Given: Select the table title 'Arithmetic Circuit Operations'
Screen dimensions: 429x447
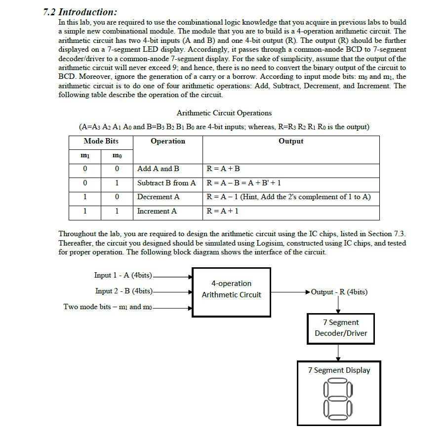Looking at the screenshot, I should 224,113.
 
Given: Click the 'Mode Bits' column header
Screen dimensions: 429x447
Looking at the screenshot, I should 101,141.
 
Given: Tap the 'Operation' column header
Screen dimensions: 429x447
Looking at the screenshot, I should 168,141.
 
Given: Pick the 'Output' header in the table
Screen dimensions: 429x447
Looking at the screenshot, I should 291,141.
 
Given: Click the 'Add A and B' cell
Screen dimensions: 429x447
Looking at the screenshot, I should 158,169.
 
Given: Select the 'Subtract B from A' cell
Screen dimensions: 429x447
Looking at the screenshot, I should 166,183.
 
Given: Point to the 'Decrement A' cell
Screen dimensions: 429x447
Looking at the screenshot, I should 158,197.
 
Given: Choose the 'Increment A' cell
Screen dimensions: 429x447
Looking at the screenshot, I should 157,211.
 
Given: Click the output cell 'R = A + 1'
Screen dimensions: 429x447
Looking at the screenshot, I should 223,211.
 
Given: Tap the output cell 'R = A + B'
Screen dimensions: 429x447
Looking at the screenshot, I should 223,169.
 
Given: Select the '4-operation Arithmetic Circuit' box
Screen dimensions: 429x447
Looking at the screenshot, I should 231,289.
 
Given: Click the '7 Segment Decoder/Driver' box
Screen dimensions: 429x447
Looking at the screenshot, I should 341,328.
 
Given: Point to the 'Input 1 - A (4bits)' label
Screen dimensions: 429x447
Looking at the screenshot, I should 123,275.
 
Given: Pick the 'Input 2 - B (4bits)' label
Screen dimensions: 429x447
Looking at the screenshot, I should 123,291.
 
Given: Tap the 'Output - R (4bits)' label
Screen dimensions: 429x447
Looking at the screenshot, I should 339,292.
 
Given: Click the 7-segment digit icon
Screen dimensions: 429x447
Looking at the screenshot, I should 338,397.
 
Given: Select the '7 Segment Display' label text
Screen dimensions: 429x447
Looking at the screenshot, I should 339,370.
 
